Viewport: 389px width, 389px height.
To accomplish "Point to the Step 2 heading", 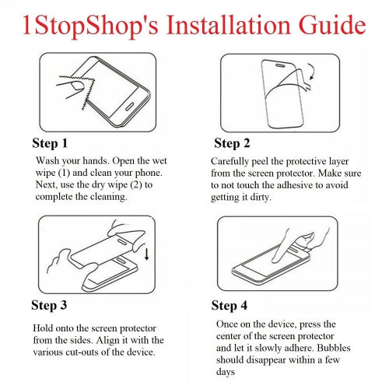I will [x=232, y=144].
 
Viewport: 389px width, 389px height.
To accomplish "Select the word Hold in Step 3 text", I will [x=44, y=328].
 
